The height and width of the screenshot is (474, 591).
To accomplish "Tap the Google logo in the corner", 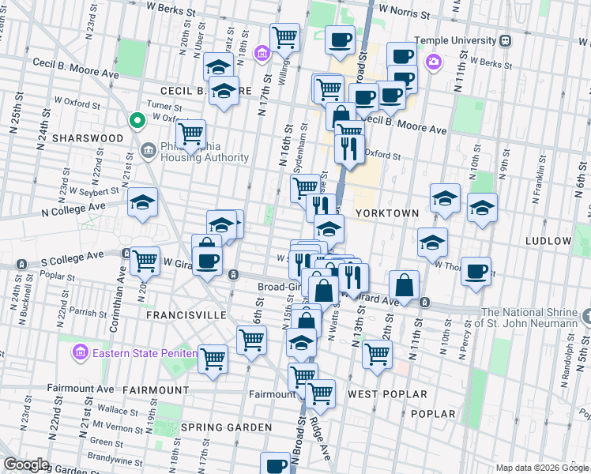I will coord(26,465).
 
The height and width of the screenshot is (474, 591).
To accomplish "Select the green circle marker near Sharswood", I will coord(137,121).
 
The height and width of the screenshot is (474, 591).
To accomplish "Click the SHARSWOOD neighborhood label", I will coord(87,138).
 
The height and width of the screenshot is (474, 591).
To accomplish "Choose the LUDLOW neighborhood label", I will coord(548,240).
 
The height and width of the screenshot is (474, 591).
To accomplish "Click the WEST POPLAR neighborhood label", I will coord(387,393).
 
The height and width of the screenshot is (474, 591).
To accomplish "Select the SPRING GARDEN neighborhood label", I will coord(226,427).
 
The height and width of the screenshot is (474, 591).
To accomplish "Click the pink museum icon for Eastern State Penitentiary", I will coord(80,352).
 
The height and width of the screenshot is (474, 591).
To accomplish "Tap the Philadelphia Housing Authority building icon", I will coord(148,151).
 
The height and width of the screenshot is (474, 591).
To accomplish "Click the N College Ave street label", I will coord(74,206).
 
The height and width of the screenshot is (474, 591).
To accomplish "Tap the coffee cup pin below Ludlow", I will coord(476,271).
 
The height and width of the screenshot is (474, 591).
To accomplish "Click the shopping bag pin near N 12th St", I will coord(404,286).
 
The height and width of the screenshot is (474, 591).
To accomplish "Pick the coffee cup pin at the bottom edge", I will coord(276,465).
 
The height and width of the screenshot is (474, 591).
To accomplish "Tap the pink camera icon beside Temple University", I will coord(433,61).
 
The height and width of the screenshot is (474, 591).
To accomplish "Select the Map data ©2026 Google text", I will coord(541,468).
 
